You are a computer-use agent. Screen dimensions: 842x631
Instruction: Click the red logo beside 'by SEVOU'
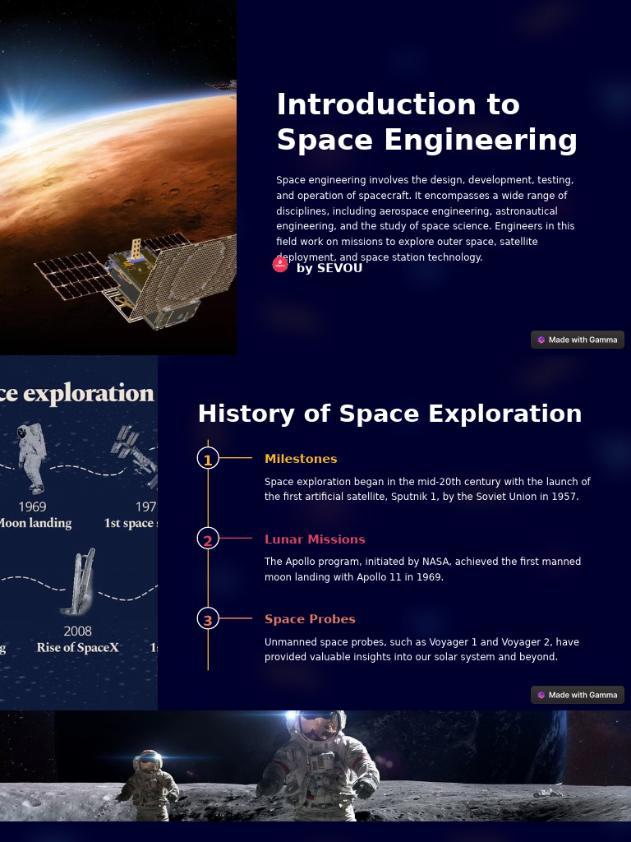(280, 264)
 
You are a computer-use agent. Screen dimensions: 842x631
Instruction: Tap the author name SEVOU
(339, 268)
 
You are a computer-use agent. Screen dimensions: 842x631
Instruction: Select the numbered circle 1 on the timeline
(208, 459)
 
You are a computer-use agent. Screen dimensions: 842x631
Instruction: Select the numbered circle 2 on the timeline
(208, 539)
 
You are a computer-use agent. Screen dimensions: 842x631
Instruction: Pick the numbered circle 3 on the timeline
(208, 619)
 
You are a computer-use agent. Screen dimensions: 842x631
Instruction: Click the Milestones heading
(301, 459)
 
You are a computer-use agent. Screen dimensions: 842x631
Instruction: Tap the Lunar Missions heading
(315, 539)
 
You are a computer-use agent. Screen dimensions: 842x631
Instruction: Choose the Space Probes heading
(310, 619)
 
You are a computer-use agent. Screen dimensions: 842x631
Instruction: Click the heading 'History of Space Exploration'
(389, 414)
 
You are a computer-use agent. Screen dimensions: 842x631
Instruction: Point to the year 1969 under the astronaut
(32, 507)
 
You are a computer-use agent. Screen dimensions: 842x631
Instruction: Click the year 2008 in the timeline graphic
(77, 631)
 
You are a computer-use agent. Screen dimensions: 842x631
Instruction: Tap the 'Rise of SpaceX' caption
(77, 648)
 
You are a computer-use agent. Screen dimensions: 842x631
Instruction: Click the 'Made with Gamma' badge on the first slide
(578, 340)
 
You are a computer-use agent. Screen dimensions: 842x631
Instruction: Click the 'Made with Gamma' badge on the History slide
(578, 695)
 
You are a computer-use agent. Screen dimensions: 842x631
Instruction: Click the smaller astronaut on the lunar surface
(150, 785)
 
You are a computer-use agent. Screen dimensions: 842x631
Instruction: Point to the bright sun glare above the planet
(21, 123)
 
